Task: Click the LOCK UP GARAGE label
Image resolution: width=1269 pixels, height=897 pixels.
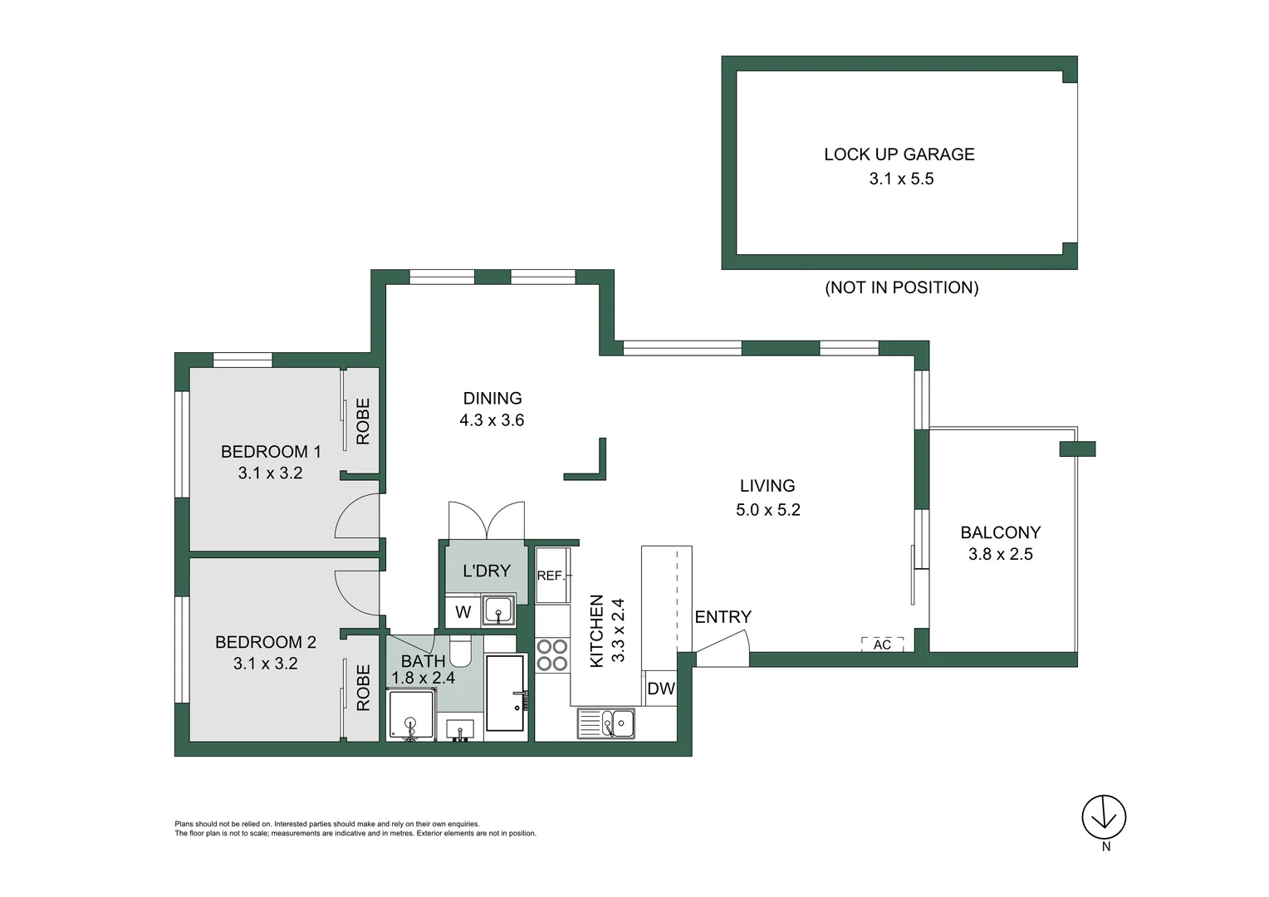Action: [899, 154]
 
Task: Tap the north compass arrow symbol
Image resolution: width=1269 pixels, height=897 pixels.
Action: [1104, 817]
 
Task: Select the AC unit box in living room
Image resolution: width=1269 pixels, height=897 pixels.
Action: [882, 645]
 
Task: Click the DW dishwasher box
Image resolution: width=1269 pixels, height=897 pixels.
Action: [661, 689]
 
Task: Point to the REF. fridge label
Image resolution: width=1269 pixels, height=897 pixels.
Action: [550, 576]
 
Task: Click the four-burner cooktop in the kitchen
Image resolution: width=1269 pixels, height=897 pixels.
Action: [551, 654]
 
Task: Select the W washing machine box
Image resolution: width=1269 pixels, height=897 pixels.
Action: [463, 612]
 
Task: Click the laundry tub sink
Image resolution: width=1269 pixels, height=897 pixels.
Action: [498, 610]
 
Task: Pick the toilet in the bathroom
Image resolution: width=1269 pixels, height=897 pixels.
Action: [461, 651]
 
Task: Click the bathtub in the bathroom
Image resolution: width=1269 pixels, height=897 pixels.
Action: [505, 694]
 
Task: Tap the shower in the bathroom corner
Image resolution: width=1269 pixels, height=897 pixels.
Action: [410, 715]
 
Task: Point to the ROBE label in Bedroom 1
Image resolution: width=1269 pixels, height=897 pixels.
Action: [363, 421]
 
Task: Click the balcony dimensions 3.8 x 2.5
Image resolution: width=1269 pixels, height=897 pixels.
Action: [1000, 555]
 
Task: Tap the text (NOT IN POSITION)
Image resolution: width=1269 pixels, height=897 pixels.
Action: [901, 287]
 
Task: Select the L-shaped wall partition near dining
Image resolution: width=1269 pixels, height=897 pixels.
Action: [592, 466]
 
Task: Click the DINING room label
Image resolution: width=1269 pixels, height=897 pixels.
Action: [492, 399]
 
